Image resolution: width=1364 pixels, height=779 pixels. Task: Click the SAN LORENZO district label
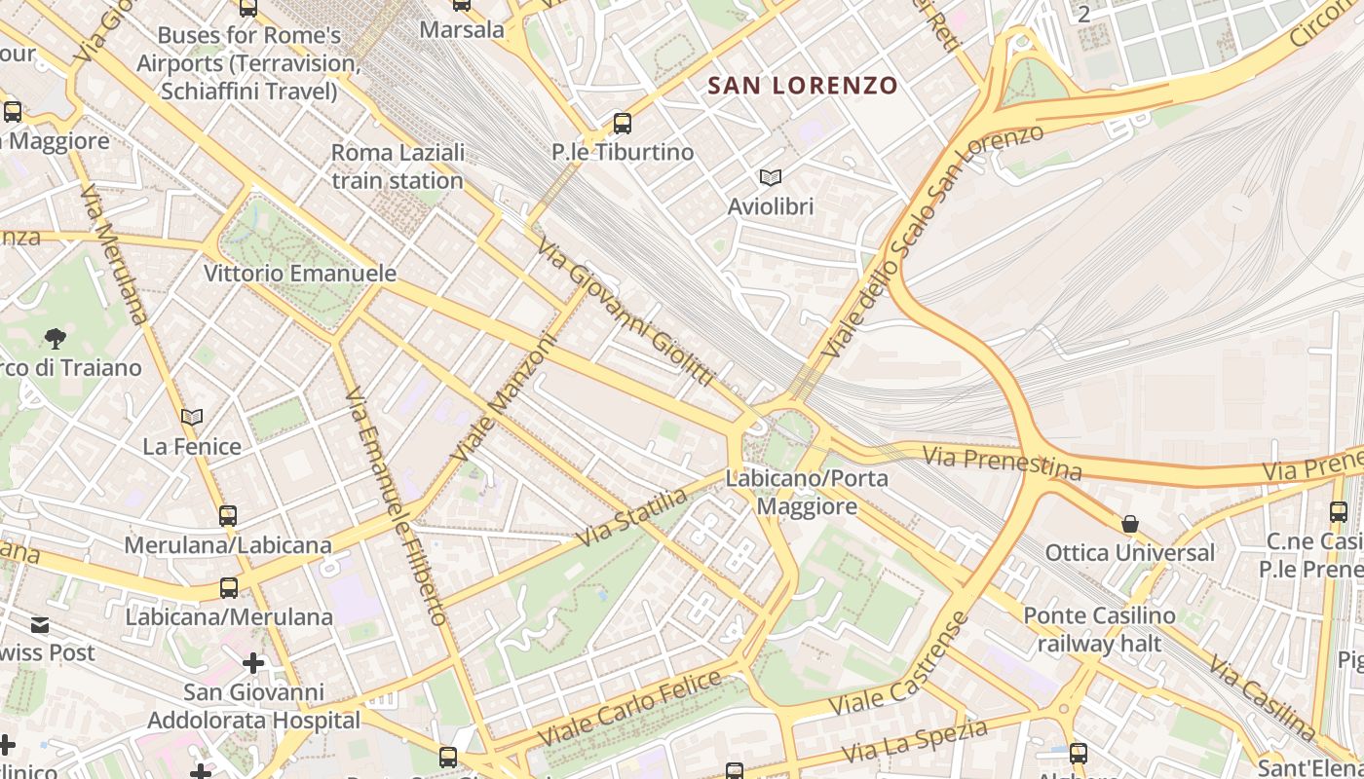802,86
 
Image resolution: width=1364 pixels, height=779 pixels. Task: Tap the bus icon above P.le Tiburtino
622,124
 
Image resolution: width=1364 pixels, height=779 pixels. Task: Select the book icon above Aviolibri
770,178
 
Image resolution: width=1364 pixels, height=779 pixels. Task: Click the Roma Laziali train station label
398,167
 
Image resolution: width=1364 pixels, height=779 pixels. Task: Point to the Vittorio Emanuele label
300,274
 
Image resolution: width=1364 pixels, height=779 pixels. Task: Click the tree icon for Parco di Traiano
56,339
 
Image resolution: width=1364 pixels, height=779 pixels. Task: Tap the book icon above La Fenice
192,418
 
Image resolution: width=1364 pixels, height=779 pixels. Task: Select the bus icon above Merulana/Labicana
228,516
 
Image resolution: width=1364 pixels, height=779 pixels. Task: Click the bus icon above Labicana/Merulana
229,588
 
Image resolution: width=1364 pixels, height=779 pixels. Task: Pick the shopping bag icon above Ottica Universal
1129,525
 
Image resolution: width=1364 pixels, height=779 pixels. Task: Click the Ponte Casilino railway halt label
1099,630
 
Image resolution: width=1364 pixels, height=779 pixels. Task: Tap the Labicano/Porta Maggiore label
807,493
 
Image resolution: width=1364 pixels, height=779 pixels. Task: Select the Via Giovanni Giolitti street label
625,311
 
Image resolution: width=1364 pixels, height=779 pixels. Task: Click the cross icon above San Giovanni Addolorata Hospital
253,664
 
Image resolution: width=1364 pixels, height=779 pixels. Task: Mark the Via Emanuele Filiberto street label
396,506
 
